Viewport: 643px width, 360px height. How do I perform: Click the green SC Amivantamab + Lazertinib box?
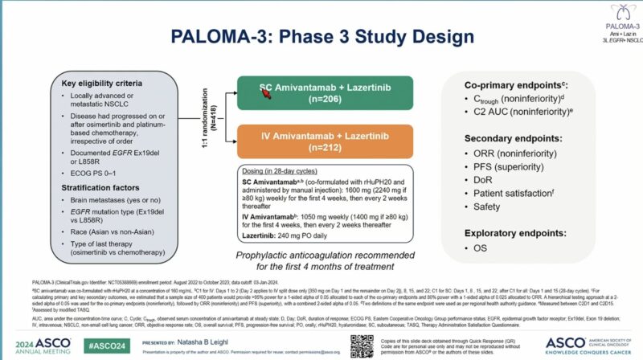pos(324,93)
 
